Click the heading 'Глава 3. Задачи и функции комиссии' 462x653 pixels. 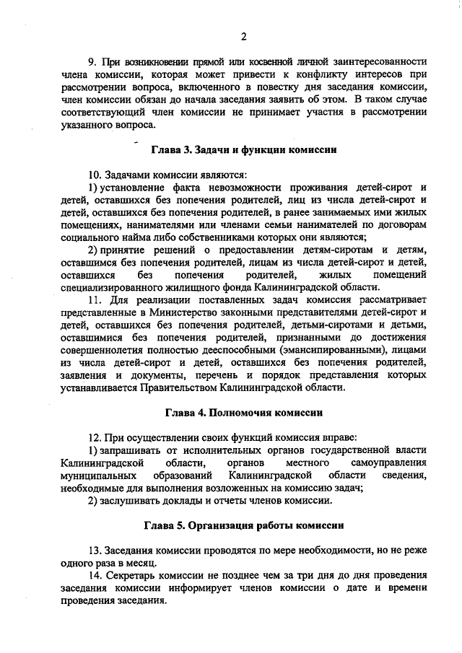(x=244, y=149)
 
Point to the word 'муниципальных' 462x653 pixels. (x=100, y=475)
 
